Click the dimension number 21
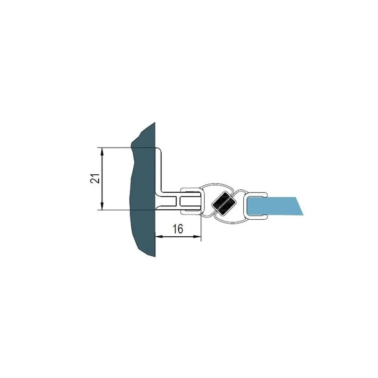coord(95,179)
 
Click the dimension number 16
coord(178,229)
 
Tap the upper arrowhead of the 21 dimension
coord(102,151)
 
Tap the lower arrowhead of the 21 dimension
coord(102,206)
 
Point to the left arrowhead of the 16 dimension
coord(159,237)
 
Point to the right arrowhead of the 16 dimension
coord(197,237)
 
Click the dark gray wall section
coord(143,190)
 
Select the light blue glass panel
coord(275,206)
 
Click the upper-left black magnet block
coord(219,199)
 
